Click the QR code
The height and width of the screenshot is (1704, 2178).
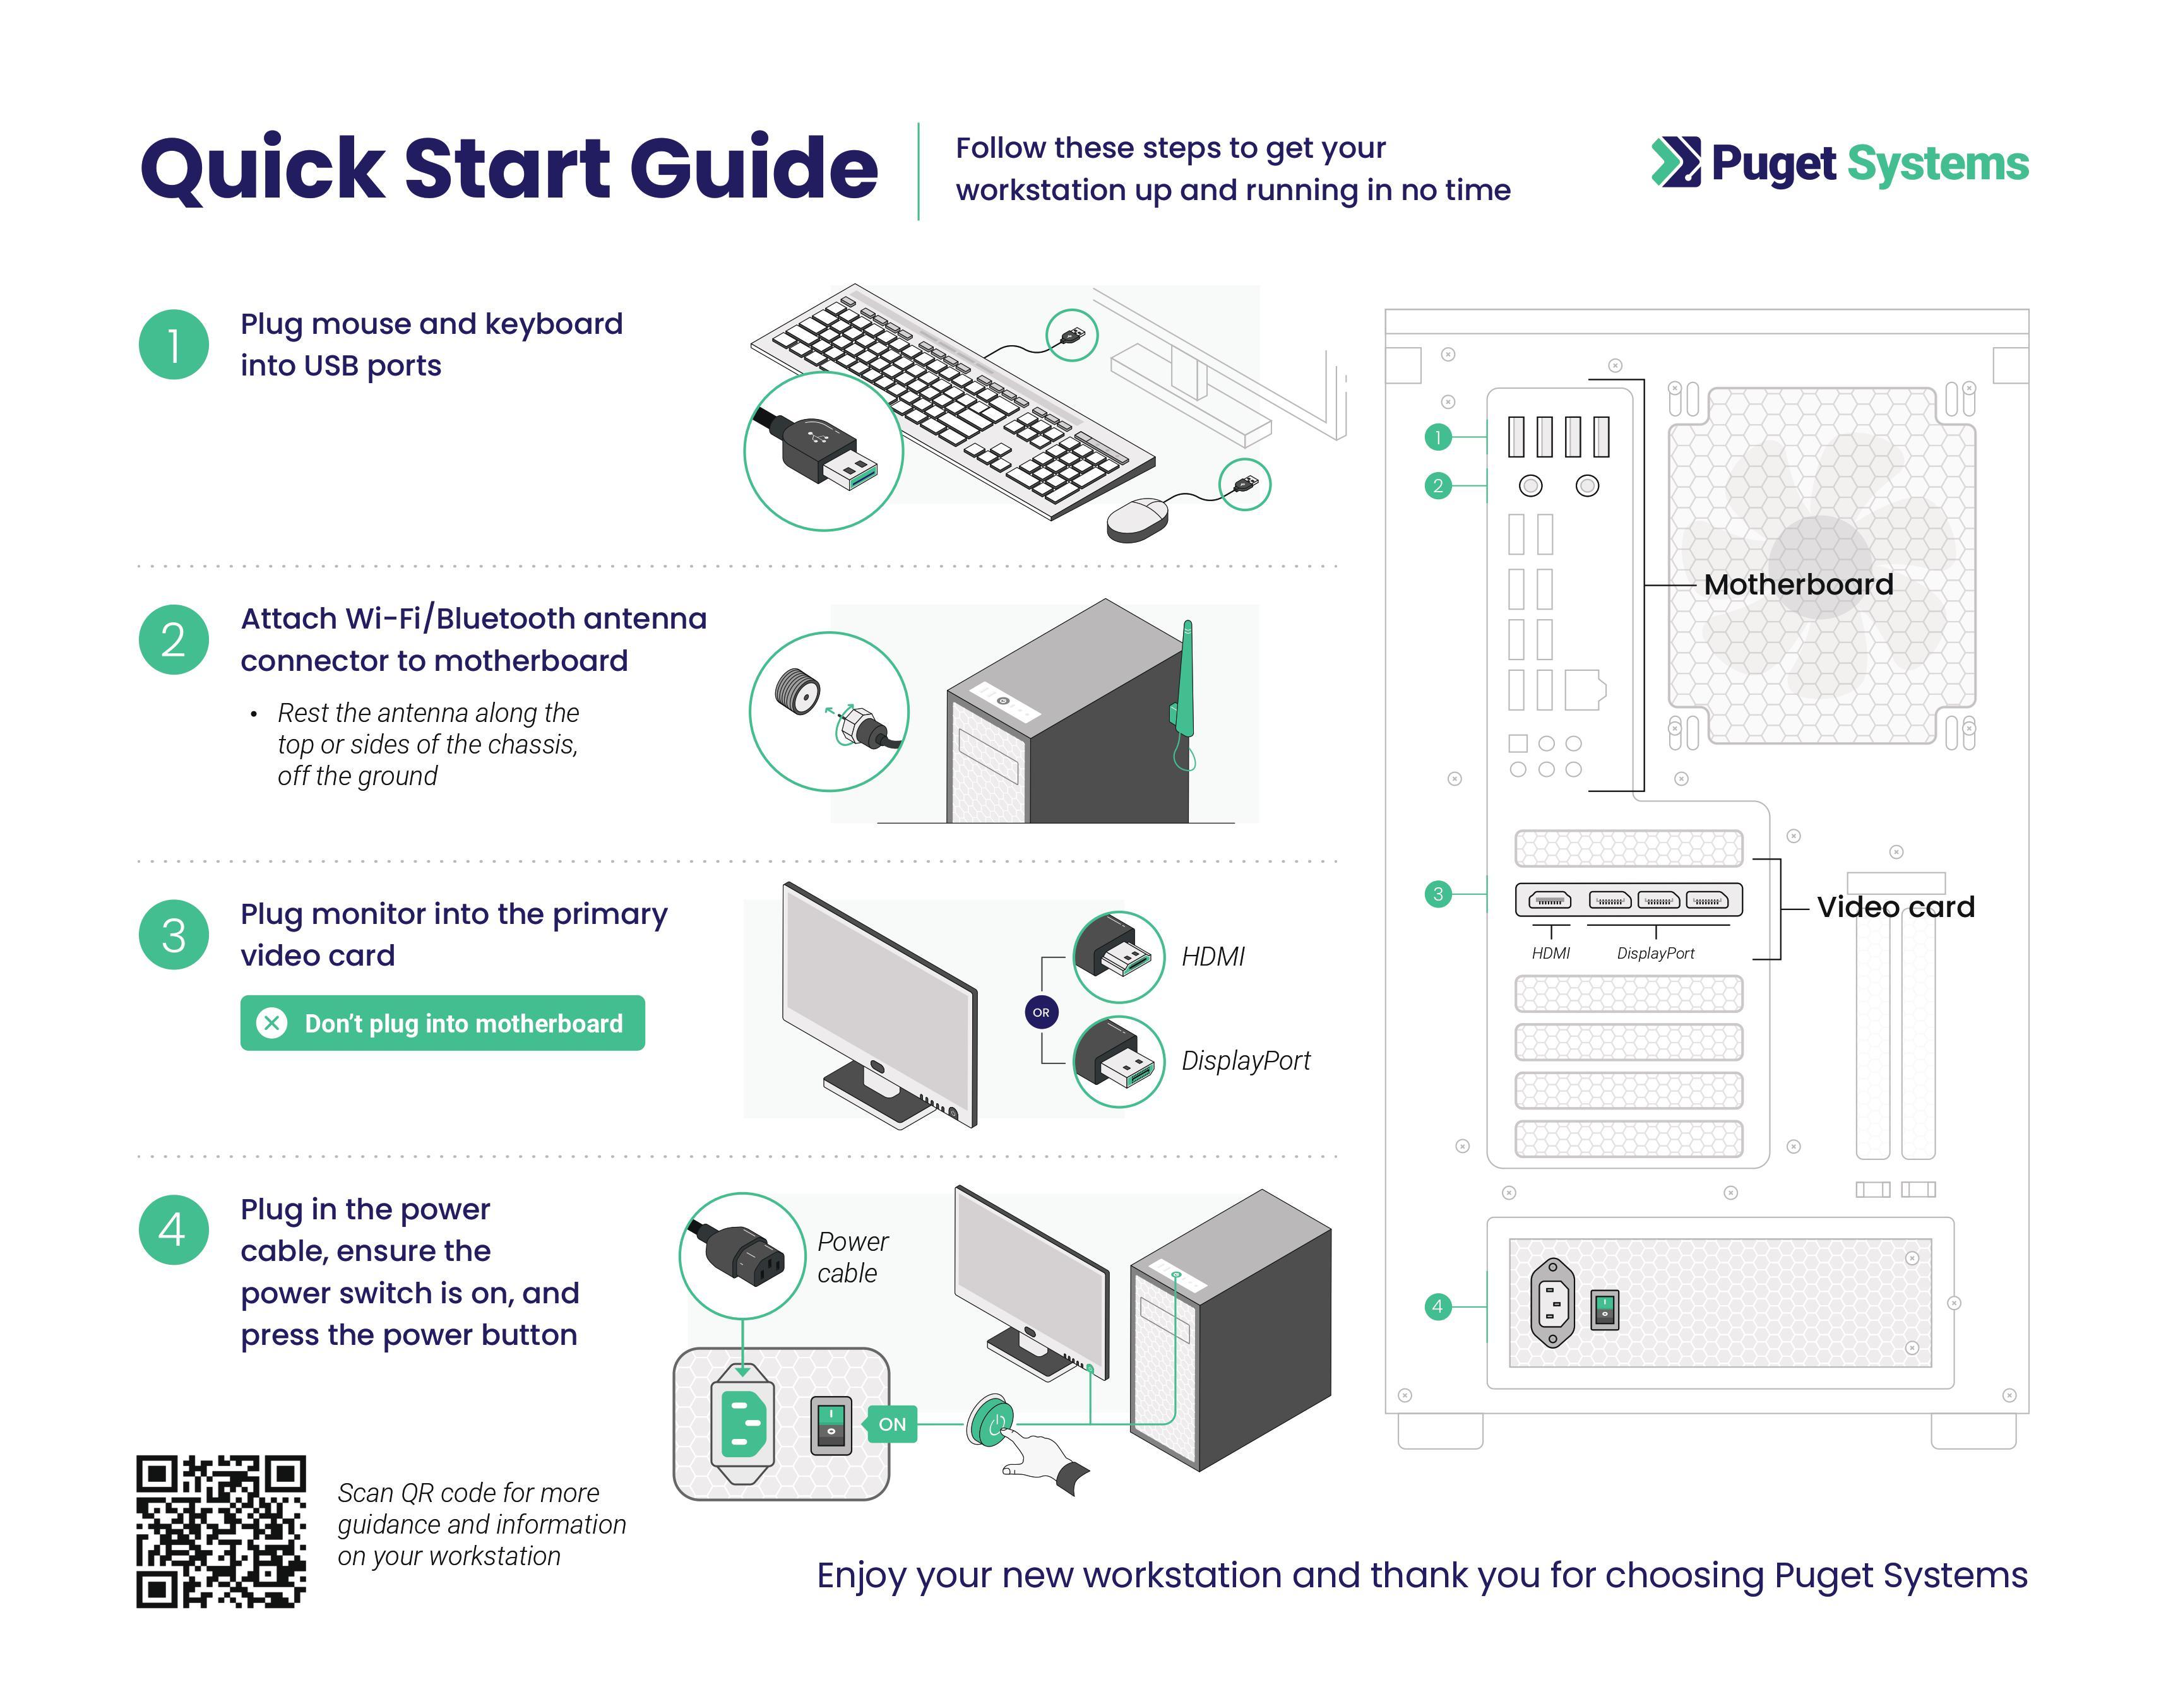click(220, 1532)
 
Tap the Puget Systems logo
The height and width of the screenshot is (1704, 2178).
click(1839, 163)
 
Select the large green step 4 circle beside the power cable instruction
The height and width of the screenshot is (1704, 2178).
click(174, 1230)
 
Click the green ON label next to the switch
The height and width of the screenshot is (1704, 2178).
click(892, 1424)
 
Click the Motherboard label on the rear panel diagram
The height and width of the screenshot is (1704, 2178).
click(1798, 584)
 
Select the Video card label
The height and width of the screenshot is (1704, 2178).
click(1895, 907)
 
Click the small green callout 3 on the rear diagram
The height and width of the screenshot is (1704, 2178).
click(1437, 894)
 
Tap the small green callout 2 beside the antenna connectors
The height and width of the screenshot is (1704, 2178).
click(1437, 486)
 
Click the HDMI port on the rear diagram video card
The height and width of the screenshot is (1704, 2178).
click(1549, 901)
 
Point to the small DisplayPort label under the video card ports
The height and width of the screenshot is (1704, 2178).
click(1655, 954)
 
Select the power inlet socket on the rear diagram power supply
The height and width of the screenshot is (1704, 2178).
click(1552, 1303)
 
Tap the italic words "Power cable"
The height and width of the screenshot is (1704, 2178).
click(851, 1257)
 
